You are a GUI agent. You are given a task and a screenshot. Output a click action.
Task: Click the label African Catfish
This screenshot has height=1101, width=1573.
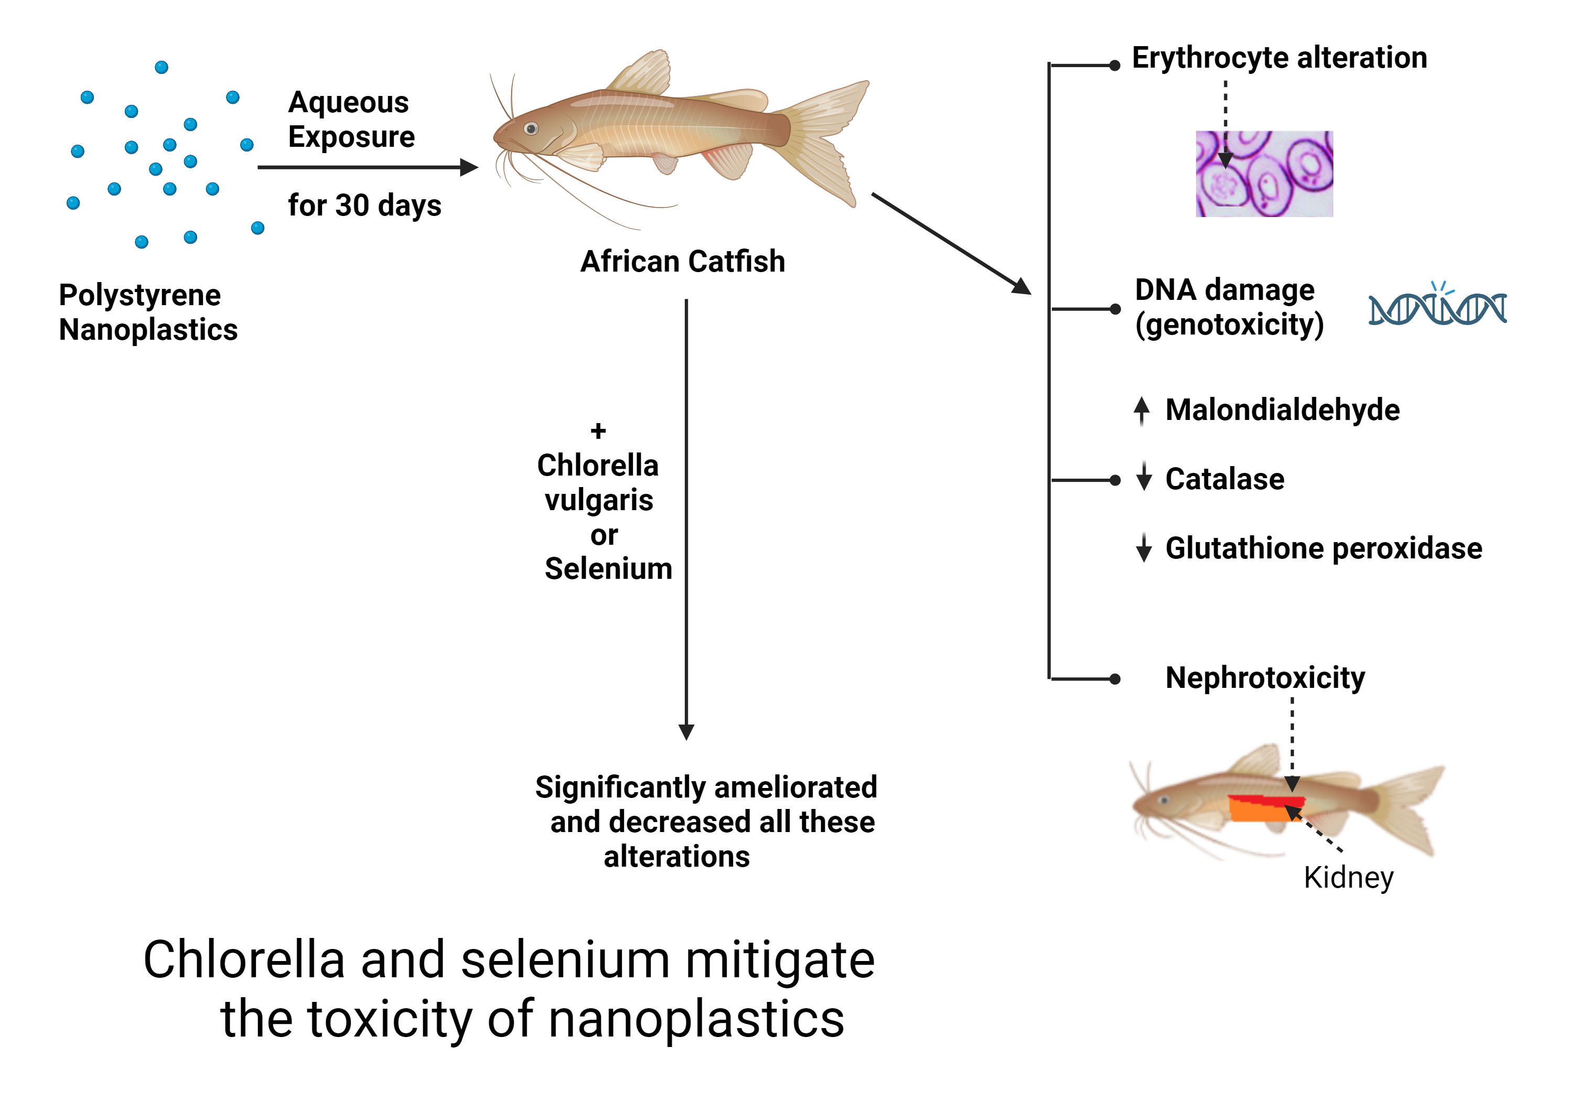(682, 261)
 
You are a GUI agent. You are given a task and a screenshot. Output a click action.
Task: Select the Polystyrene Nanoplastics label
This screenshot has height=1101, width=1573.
(147, 312)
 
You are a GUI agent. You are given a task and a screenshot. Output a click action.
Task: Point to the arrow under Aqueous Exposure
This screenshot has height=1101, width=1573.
(367, 167)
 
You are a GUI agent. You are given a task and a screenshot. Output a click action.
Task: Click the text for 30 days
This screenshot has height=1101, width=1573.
(364, 205)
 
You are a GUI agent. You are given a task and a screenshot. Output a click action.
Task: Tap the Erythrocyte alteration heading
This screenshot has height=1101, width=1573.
(1278, 58)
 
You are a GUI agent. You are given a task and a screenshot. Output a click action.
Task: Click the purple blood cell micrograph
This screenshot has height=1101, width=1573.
(1264, 174)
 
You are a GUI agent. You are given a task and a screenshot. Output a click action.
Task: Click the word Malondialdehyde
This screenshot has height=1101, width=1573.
(1282, 409)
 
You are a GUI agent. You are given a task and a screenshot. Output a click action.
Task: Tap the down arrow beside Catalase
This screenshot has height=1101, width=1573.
(1144, 477)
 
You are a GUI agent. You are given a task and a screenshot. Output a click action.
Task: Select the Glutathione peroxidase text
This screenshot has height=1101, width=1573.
(1323, 548)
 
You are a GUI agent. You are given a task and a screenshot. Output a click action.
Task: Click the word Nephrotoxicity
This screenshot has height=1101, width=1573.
(1265, 677)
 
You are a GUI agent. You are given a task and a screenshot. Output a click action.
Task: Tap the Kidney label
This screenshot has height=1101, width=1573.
(1348, 877)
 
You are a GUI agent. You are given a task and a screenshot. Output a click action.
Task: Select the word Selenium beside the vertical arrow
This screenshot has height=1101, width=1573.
(608, 569)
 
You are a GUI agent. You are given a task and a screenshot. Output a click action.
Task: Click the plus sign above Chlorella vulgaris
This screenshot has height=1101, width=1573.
(598, 431)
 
